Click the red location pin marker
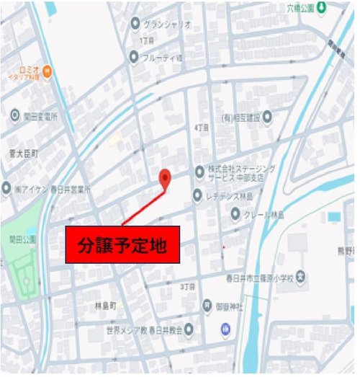point(165,178)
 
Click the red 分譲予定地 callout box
point(122,245)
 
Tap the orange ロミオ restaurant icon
point(48,70)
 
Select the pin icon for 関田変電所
point(15,115)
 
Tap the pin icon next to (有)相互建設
point(267,116)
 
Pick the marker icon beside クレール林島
point(235,213)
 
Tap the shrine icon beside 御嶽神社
point(208,306)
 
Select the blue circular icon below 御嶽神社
point(226,329)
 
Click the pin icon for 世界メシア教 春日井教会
point(189,330)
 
